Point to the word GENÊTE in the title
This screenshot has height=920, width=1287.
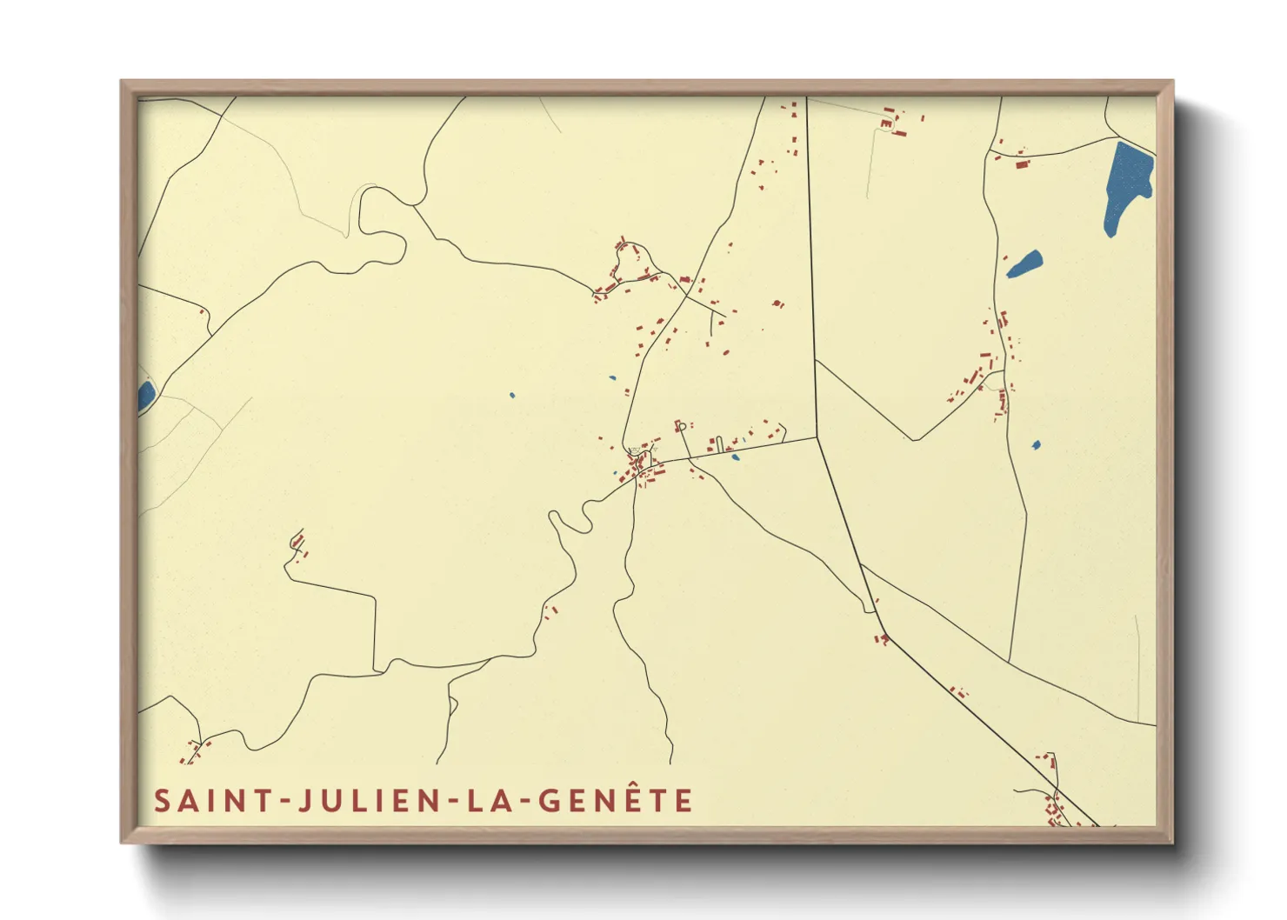coord(616,800)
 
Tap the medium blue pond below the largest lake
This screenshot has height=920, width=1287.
coord(1024,264)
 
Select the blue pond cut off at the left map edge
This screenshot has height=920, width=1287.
coord(145,396)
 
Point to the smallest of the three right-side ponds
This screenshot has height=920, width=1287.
coord(1036,445)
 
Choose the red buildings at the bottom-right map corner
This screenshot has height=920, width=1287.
coord(1056,812)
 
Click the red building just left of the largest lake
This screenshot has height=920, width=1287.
coord(1022,163)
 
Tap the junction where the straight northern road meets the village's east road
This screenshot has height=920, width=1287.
coord(817,437)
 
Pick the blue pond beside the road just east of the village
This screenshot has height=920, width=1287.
coord(735,457)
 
